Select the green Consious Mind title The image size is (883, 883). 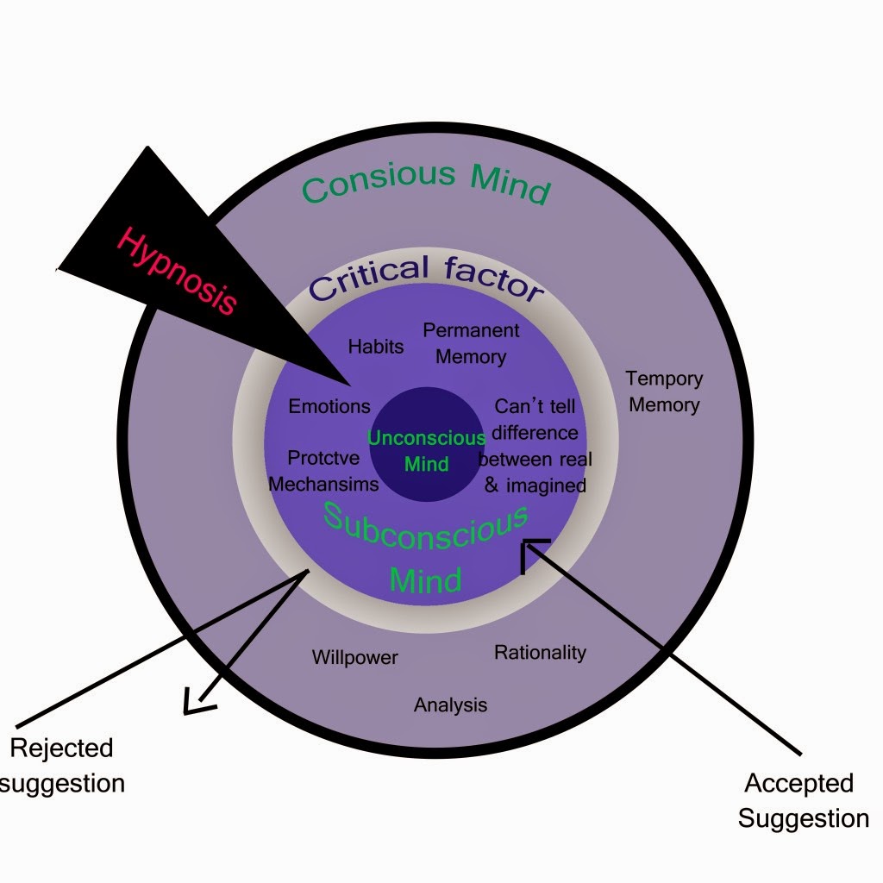click(x=426, y=184)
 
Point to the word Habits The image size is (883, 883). click(x=376, y=347)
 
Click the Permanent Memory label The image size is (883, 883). click(x=471, y=342)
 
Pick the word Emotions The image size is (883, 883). click(x=329, y=406)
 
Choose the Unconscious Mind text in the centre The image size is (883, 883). click(x=427, y=450)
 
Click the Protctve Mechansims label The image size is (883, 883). click(x=323, y=471)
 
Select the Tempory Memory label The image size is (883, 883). click(x=664, y=391)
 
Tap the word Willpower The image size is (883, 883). click(x=355, y=658)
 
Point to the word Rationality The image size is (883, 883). click(x=540, y=653)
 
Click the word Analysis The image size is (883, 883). click(x=450, y=705)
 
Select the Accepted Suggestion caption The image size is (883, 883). click(x=803, y=800)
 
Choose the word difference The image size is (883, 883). click(x=535, y=432)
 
